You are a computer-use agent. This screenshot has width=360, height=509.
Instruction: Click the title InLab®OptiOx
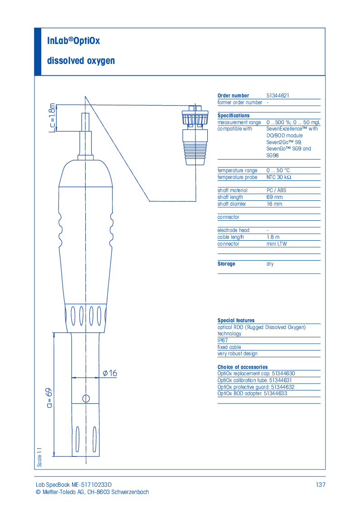tap(73, 41)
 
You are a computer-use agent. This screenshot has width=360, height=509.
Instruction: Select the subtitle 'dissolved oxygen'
tap(81, 60)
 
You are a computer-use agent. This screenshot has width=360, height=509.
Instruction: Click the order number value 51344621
tap(277, 96)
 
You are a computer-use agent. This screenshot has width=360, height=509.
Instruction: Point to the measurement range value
tap(293, 122)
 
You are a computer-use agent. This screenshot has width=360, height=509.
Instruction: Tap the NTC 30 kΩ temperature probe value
tap(278, 177)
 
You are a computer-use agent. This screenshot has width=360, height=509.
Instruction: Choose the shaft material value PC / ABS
tap(276, 190)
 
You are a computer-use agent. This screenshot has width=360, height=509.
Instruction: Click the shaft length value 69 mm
tap(274, 197)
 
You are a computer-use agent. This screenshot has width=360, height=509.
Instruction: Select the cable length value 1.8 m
tap(273, 237)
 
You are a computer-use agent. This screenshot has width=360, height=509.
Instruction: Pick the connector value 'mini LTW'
tap(277, 244)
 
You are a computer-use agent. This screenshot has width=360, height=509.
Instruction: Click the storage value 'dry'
tap(270, 264)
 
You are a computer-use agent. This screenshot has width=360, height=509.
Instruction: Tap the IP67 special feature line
tap(223, 340)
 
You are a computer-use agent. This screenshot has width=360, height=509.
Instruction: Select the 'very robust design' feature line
tap(237, 354)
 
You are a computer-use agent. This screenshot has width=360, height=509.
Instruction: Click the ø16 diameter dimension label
tap(110, 373)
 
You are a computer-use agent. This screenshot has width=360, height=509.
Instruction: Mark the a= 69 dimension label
tap(49, 398)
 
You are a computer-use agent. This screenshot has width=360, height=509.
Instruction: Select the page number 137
tap(321, 485)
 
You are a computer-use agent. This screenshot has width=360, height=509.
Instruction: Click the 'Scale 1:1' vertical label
tap(39, 456)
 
